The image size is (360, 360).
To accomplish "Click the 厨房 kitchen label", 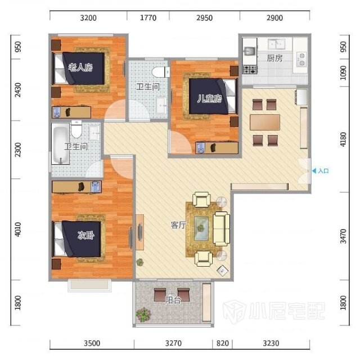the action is (x=274, y=58).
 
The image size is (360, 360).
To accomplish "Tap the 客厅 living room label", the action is (x=178, y=225).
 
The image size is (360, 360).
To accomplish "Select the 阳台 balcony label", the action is (x=173, y=300).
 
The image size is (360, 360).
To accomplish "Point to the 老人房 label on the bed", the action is (x=80, y=67).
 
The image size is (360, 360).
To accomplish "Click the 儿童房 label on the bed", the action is (x=209, y=98).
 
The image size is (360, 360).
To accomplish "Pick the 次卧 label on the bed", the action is (x=86, y=235).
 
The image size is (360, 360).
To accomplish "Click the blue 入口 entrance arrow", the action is (x=314, y=171).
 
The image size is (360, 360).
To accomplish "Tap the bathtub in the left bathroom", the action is (x=61, y=144).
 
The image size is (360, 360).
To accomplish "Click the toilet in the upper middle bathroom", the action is (x=161, y=72).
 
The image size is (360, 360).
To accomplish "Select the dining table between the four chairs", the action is (x=265, y=122).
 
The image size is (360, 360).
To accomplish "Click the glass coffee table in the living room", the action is (x=201, y=228).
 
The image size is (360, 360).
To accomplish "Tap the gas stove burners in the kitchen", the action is (x=250, y=69).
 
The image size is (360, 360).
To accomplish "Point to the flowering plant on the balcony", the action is (x=143, y=314).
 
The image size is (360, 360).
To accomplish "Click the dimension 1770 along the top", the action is (x=148, y=17).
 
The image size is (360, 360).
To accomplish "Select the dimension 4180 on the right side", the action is (x=343, y=139).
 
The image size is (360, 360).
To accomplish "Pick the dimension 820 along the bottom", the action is (x=223, y=343).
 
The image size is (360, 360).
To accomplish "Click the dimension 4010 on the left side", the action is (x=17, y=229).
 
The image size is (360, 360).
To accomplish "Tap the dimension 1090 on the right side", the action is (x=343, y=73).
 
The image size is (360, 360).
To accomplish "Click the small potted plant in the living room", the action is (x=140, y=262).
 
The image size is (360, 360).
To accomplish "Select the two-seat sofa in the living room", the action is (x=221, y=229).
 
